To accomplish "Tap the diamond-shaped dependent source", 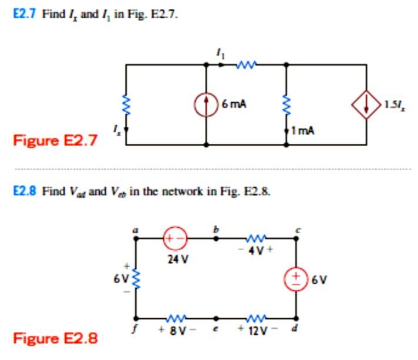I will click(x=367, y=106).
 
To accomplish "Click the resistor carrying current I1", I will click(x=245, y=65).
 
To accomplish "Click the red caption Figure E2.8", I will click(x=55, y=338).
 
